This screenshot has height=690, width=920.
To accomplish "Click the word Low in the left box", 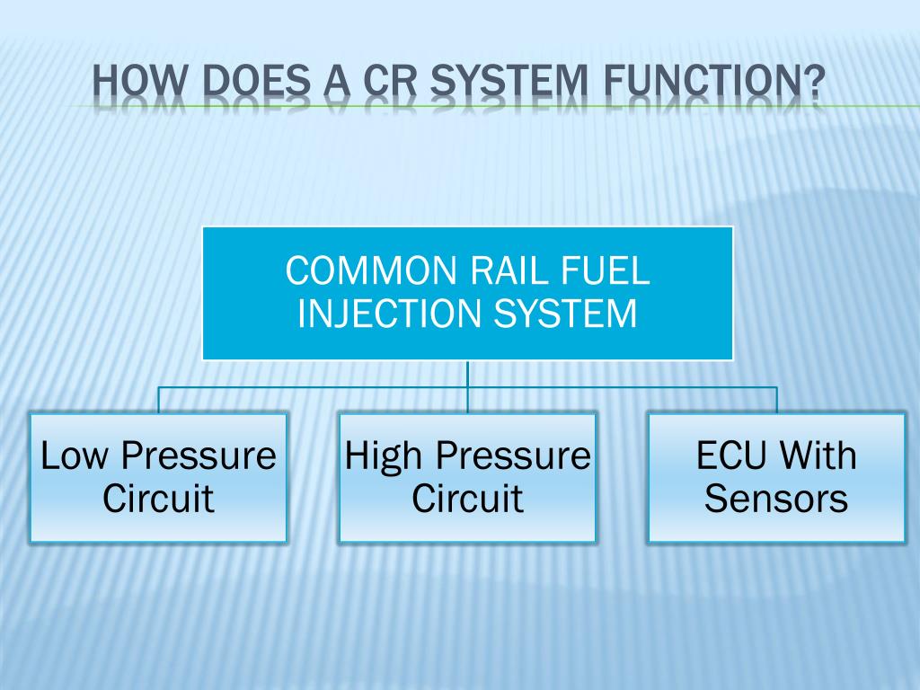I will [75, 456].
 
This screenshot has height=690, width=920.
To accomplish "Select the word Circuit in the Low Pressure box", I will [158, 499].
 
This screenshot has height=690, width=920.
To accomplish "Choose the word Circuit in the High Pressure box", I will [467, 499].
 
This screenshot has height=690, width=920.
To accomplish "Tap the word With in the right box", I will [817, 456].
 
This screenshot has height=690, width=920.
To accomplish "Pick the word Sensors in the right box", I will [776, 499].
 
